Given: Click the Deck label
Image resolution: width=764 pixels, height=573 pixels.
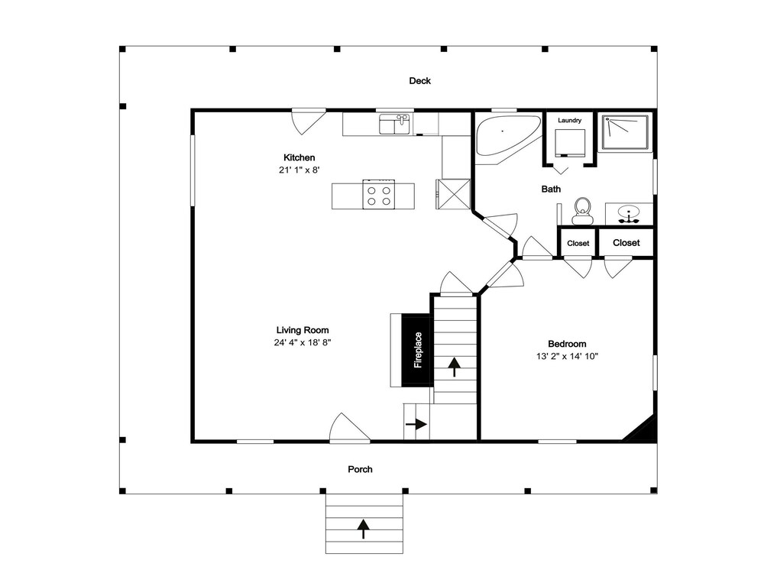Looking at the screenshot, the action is pyautogui.click(x=419, y=81).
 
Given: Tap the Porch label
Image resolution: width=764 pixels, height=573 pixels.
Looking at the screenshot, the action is pyautogui.click(x=360, y=469).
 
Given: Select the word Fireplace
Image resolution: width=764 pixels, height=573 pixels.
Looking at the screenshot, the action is pyautogui.click(x=418, y=350).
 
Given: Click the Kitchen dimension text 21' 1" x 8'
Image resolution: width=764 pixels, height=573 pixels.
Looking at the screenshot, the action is pyautogui.click(x=299, y=170).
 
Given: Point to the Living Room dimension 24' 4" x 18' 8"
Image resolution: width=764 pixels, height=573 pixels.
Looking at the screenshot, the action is pyautogui.click(x=303, y=342).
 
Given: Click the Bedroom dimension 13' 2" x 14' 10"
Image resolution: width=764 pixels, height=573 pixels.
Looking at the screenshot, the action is pyautogui.click(x=567, y=356).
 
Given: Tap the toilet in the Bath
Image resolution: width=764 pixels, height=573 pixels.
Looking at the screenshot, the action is pyautogui.click(x=581, y=211).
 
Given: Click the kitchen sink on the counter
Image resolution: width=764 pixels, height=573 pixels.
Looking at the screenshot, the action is pyautogui.click(x=396, y=124).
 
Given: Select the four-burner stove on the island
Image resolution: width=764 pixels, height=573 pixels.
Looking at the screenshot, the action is pyautogui.click(x=379, y=194).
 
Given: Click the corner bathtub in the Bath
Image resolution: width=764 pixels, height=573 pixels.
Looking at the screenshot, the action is pyautogui.click(x=507, y=134).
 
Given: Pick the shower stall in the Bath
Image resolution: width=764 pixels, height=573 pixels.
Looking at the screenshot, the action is pyautogui.click(x=625, y=132).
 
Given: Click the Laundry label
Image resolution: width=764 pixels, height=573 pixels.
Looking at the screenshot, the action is pyautogui.click(x=570, y=121).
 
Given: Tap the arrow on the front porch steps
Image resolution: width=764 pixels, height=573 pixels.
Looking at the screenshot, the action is pyautogui.click(x=363, y=529).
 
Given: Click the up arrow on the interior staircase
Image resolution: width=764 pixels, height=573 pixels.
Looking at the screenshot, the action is pyautogui.click(x=454, y=367).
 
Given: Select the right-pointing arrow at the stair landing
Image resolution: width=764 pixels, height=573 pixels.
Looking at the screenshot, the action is pyautogui.click(x=416, y=424).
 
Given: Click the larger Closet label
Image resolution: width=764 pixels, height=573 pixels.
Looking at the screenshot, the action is pyautogui.click(x=626, y=243).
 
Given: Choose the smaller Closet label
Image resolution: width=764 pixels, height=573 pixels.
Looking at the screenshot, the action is pyautogui.click(x=578, y=243).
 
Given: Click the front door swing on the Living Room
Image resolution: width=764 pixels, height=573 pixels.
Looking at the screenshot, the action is pyautogui.click(x=350, y=428).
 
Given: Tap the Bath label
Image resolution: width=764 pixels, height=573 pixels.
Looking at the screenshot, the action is pyautogui.click(x=551, y=189).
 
